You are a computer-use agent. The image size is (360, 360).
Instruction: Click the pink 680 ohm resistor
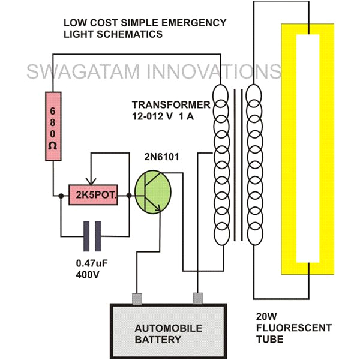click(53, 127)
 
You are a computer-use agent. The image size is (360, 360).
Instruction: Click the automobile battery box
click(168, 332)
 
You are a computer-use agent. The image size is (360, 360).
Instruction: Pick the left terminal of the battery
click(136, 298)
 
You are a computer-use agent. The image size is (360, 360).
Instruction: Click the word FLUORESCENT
click(293, 328)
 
